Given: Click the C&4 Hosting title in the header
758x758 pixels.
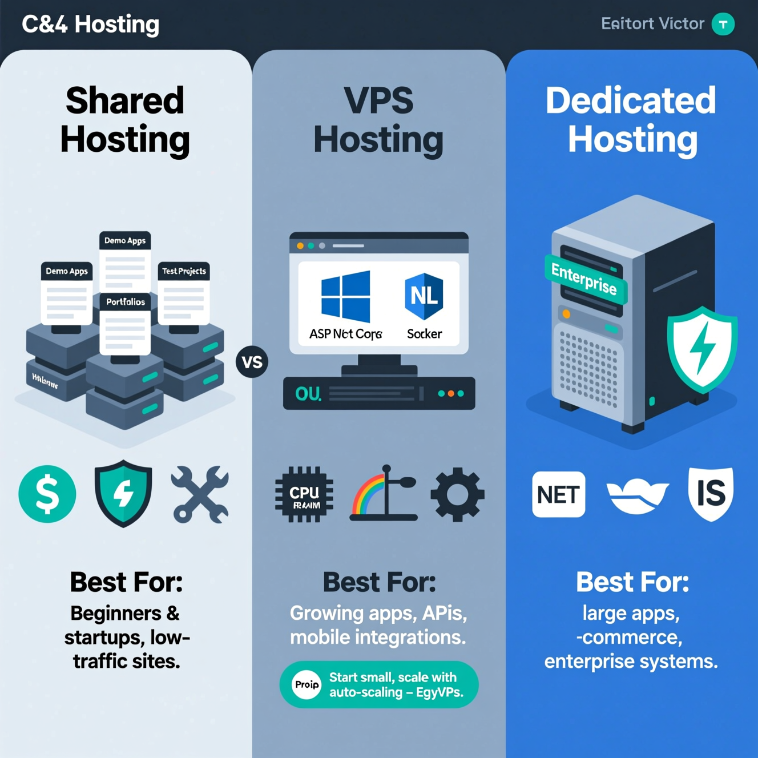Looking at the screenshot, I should [90, 25].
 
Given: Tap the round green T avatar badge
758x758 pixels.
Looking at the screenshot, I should [723, 24].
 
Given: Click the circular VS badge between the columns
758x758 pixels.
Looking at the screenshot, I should [252, 362].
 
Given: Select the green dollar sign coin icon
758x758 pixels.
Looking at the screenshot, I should [47, 494].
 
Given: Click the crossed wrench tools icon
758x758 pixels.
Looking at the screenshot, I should [200, 494].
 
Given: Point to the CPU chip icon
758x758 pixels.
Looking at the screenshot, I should [304, 495].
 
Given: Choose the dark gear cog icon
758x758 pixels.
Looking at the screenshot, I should [457, 494].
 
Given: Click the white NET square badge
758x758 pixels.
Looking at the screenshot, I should [558, 494].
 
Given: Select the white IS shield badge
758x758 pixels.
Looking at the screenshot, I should [711, 493].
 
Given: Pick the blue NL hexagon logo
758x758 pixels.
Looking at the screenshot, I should [424, 296].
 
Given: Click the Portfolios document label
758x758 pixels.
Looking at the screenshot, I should [126, 302].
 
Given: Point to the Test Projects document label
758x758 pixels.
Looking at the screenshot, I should [184, 271].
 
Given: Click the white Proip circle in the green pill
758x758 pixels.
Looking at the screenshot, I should [307, 684].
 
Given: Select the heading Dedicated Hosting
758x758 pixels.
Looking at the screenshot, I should [631, 120].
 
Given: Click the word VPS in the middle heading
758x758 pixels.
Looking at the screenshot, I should [378, 101].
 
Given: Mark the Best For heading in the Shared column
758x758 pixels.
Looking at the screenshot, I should [126, 582].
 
